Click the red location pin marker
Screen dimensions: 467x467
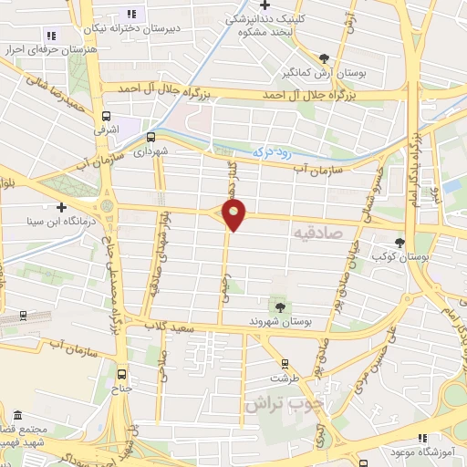point(235,215)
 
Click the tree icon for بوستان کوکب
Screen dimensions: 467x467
point(400,242)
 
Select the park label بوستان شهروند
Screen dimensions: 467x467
point(280,322)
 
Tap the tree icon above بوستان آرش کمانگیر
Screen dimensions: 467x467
point(324,57)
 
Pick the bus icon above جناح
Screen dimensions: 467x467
point(123,373)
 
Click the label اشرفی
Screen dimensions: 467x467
point(108,130)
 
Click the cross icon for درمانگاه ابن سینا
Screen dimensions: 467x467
point(60,207)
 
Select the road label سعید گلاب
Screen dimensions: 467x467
point(175,325)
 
